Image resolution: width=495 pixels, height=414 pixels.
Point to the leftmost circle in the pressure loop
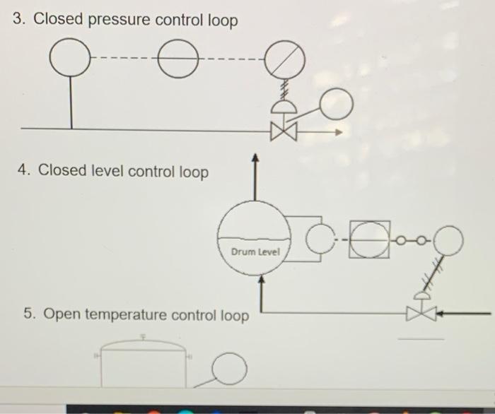71,57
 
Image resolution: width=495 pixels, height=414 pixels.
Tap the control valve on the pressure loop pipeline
282,131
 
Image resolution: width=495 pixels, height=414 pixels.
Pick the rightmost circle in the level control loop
449,241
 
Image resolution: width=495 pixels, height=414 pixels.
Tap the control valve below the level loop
417,312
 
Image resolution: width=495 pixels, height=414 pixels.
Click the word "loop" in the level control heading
193,171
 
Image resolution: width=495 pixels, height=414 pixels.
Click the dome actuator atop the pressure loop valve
281,106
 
